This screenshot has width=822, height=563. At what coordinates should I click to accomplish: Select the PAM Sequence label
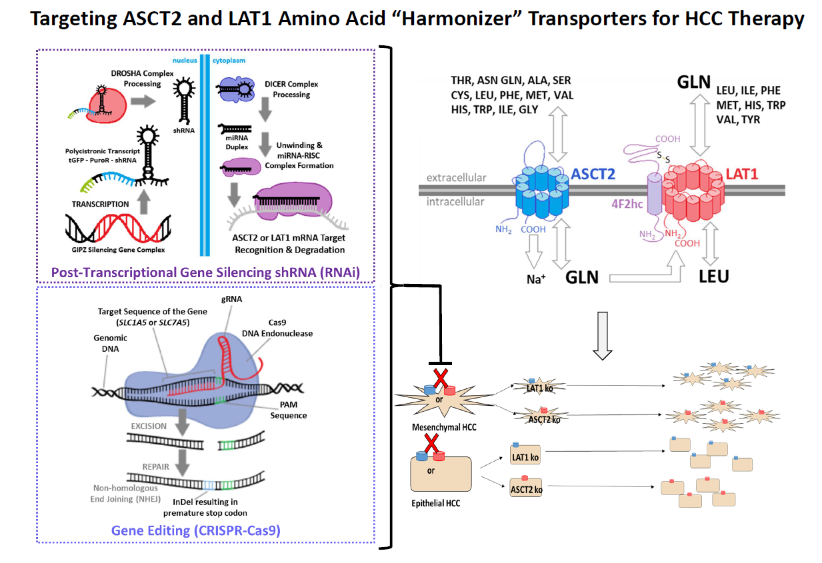tap(288, 410)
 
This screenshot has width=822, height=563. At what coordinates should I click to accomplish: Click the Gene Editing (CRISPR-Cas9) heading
tap(196, 530)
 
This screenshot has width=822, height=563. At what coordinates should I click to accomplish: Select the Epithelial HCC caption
tap(435, 502)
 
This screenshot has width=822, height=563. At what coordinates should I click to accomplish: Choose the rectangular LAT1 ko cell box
tap(525, 457)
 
